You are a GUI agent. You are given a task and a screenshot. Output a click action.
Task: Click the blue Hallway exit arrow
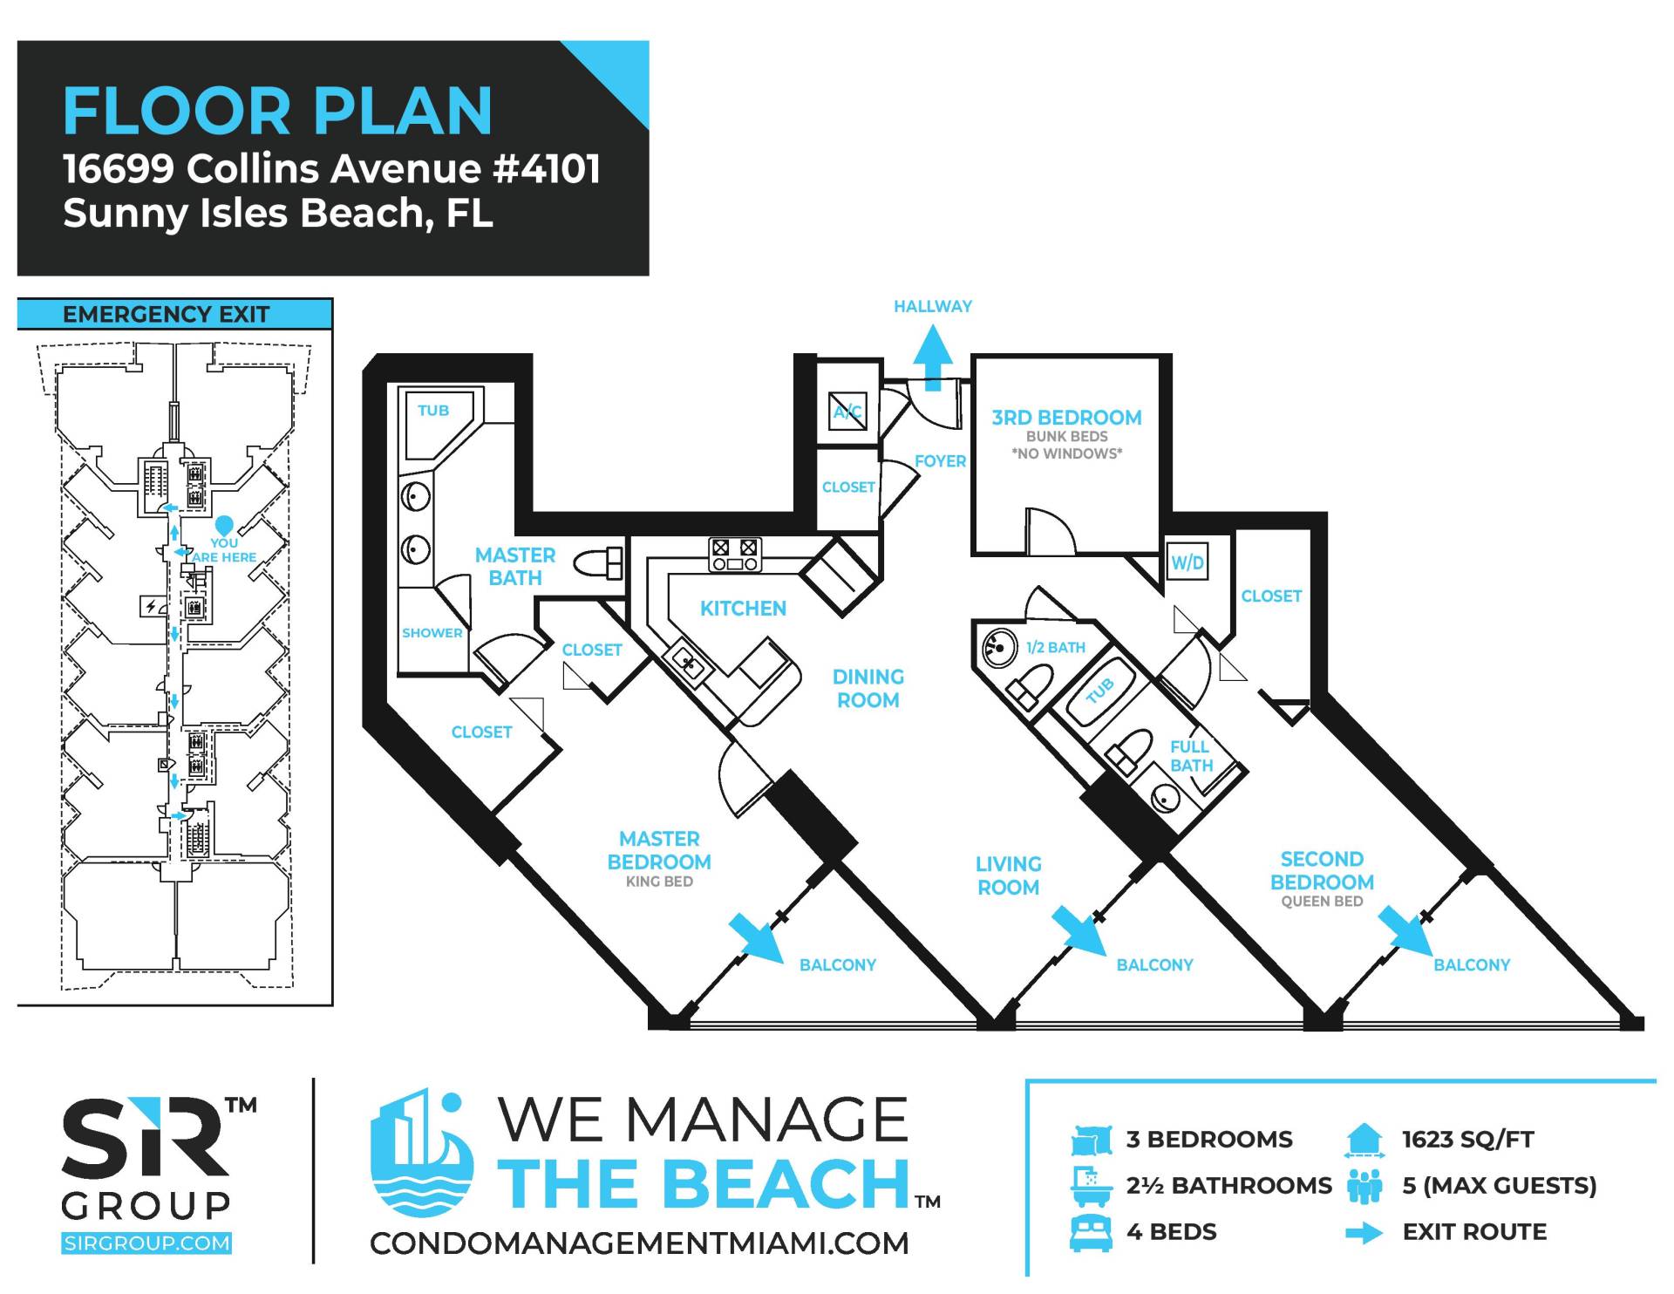[933, 358]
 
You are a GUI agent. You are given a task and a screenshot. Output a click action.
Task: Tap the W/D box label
[1187, 562]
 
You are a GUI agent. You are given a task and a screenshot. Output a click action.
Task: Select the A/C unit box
[847, 412]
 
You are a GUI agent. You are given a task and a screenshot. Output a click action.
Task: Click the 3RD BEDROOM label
[1066, 418]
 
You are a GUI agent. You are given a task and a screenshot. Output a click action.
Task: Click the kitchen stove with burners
[734, 555]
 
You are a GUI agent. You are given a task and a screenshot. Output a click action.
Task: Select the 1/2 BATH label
[1055, 647]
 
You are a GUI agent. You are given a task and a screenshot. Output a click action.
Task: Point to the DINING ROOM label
[868, 688]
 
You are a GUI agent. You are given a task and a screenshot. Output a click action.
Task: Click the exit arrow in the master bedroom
[757, 937]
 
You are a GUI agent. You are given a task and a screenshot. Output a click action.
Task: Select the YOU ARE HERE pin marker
[224, 526]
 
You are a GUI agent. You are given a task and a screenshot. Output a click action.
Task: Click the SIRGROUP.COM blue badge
[146, 1243]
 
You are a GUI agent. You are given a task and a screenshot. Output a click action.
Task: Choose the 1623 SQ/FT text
[1468, 1139]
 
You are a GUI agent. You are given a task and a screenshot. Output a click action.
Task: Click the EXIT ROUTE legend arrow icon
[1364, 1233]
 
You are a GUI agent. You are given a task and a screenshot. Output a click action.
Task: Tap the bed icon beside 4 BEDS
[1091, 1232]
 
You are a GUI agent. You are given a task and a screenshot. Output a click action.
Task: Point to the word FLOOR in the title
[177, 111]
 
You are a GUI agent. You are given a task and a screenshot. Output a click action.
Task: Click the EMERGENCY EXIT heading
[166, 314]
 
